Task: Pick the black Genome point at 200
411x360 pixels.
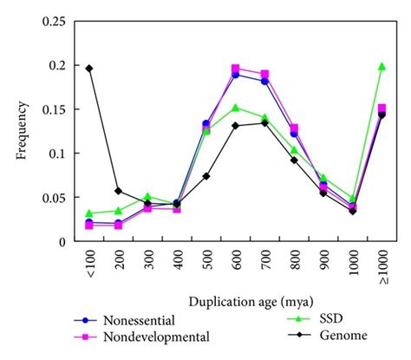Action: click(118, 191)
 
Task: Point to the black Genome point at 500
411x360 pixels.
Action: click(206, 176)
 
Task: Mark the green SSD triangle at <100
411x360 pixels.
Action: click(88, 213)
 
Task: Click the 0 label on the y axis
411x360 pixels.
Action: click(62, 242)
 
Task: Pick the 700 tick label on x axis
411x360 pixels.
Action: click(264, 262)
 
